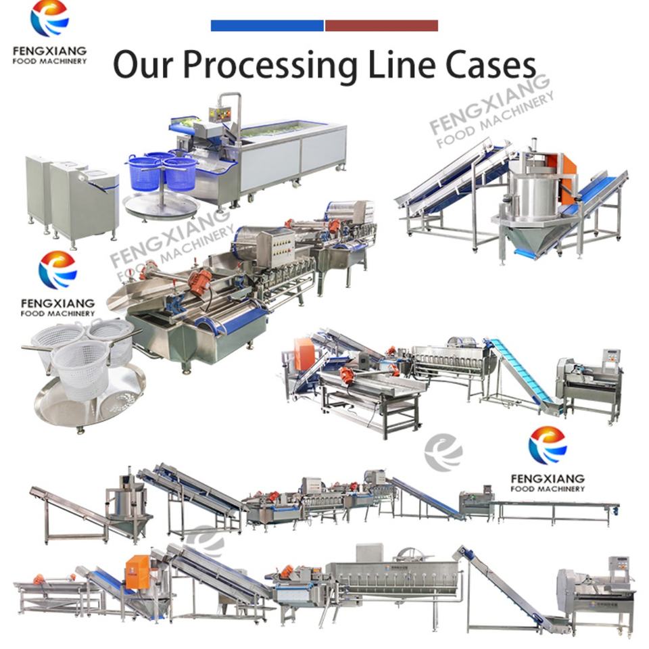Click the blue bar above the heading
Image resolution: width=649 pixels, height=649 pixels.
click(267, 26)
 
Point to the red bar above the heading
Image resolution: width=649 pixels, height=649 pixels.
click(381, 26)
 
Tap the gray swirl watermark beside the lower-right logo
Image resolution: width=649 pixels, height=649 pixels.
click(443, 453)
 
